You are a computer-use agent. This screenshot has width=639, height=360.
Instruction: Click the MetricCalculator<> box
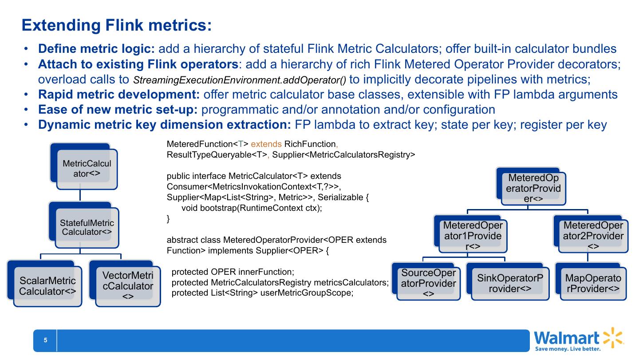point(87,169)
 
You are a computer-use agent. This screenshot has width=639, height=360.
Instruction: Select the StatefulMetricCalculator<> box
point(87,227)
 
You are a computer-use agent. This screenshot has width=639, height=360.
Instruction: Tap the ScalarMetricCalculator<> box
point(47,286)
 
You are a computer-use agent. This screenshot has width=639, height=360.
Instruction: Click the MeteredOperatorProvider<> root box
point(534,188)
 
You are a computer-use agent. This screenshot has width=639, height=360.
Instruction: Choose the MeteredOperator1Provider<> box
point(473,235)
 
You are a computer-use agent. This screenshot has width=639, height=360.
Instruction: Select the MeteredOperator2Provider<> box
point(593,235)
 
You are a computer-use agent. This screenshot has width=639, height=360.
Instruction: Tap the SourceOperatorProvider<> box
point(429,283)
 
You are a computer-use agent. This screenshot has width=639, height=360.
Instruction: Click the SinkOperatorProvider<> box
point(510,283)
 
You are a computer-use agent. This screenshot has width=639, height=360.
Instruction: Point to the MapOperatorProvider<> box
point(593,283)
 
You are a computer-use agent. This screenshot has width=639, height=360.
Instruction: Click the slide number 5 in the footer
point(45,340)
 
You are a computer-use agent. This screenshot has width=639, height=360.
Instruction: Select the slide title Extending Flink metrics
point(117,25)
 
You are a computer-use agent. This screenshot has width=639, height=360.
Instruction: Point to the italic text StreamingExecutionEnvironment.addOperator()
point(240,80)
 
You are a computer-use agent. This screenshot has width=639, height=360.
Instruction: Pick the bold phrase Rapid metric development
point(119,95)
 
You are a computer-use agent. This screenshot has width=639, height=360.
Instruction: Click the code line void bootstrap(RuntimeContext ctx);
point(252,208)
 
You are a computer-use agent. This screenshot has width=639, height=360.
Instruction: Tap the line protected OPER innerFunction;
point(233,272)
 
